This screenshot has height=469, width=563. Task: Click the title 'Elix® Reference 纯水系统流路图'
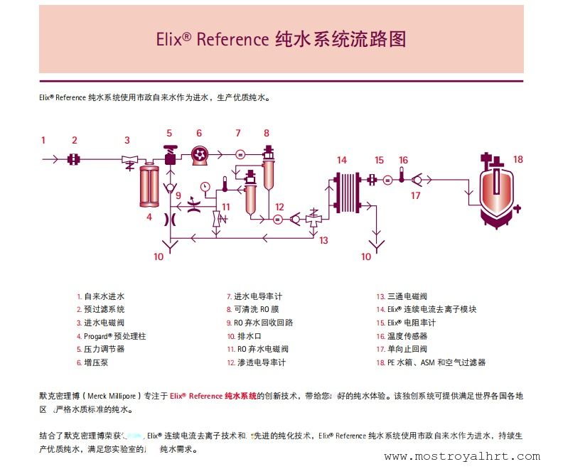pyautogui.click(x=281, y=39)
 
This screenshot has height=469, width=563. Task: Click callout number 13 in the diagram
pyautogui.click(x=323, y=241)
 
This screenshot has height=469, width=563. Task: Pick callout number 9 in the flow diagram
pyautogui.click(x=178, y=195)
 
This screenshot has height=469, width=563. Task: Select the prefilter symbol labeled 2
pyautogui.click(x=74, y=160)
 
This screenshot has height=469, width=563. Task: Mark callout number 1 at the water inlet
pyautogui.click(x=43, y=140)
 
